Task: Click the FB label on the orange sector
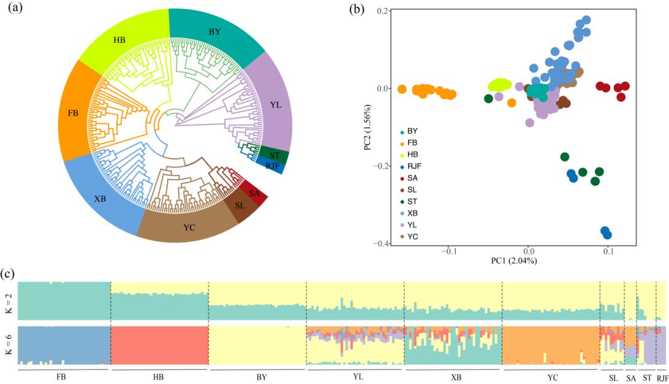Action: (x=77, y=113)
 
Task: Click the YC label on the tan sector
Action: (x=189, y=228)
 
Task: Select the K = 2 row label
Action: (x=8, y=301)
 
